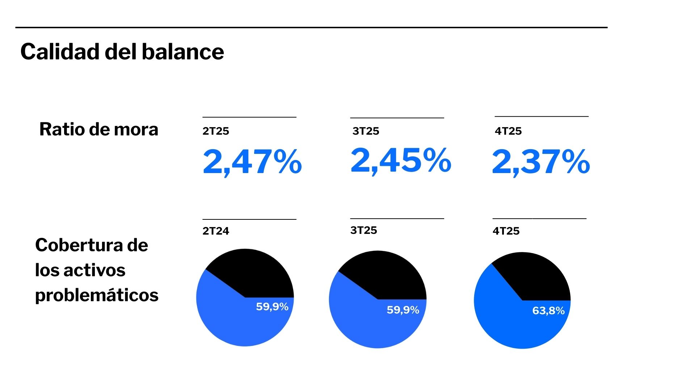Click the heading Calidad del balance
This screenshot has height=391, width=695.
point(122,52)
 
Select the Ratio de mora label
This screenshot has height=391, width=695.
point(98,129)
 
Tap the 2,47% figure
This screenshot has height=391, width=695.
point(252,161)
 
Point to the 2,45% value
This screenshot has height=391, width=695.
point(401,160)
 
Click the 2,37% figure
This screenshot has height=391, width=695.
point(541,161)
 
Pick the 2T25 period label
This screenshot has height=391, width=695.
point(216,131)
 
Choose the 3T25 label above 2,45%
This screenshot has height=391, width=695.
point(366,131)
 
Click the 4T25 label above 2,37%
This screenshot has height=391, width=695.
point(508,131)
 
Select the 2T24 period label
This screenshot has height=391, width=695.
point(216,231)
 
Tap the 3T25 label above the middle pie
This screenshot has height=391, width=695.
point(363,230)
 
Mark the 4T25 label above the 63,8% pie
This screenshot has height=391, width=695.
point(506,231)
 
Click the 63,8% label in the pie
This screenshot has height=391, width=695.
point(548,311)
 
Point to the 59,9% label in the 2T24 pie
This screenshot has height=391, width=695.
point(272,307)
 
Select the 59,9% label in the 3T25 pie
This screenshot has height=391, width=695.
point(403,310)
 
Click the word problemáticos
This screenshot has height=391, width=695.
point(97,295)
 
